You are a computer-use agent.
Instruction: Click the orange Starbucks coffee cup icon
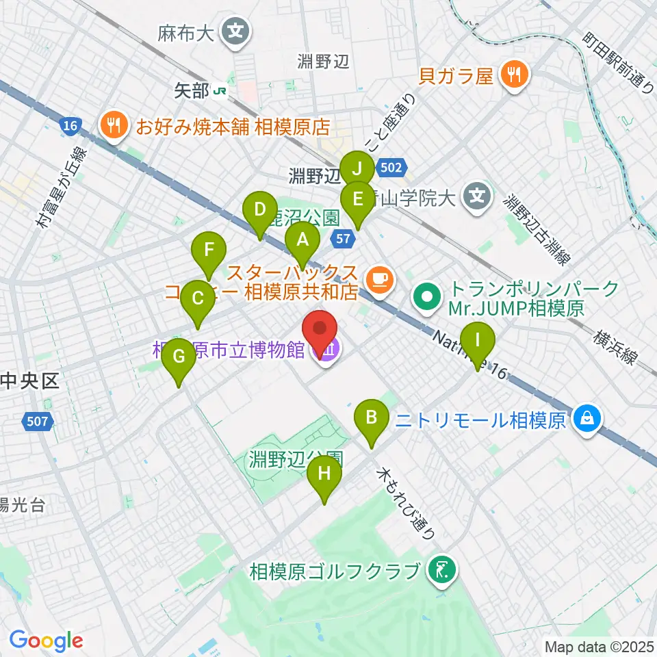click(378, 278)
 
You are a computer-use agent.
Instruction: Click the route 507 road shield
click(38, 420)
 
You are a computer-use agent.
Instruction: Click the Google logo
click(46, 641)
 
